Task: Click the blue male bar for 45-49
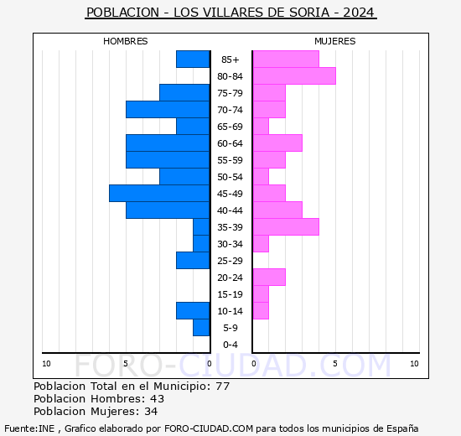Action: click(159, 194)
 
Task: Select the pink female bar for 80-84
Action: click(293, 76)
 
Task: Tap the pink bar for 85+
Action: click(285, 60)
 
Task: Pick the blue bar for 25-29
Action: click(193, 261)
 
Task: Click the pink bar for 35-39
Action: click(285, 227)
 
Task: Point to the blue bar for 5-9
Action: click(201, 328)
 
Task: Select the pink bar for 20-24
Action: click(269, 278)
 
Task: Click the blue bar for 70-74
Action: click(168, 110)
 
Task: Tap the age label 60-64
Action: click(230, 143)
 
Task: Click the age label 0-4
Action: click(230, 345)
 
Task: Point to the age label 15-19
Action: click(230, 294)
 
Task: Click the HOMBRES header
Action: click(126, 41)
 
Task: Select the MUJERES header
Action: click(334, 41)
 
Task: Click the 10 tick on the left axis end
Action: click(46, 363)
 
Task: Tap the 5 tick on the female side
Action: click(334, 363)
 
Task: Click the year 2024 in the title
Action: click(360, 13)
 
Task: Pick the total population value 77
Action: click(222, 387)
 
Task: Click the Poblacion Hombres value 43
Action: click(157, 399)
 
